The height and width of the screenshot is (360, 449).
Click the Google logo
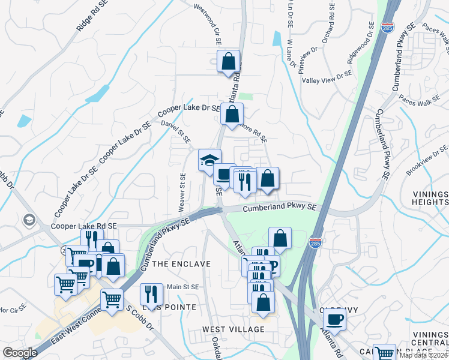[20, 353]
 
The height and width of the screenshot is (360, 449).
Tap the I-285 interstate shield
[315, 243]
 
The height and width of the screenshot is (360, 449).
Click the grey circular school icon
[28, 220]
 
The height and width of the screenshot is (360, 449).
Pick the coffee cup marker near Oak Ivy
[334, 319]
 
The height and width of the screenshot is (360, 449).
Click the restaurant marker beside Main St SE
[151, 295]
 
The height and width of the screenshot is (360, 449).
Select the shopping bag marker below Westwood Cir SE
[228, 62]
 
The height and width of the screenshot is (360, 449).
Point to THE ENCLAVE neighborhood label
[181, 264]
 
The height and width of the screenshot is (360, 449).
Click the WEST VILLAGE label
[234, 329]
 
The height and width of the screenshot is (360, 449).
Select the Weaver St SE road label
[182, 193]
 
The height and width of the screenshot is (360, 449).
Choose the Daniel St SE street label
[175, 131]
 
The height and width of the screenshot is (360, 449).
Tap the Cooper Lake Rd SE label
[85, 226]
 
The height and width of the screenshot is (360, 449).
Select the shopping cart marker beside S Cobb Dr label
[112, 299]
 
